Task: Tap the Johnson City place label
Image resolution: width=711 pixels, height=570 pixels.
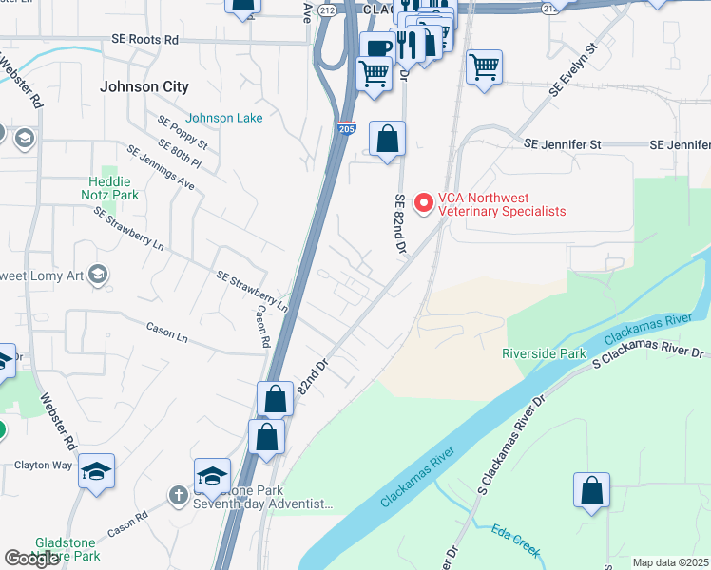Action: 144,86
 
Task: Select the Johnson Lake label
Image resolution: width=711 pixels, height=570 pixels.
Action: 224,118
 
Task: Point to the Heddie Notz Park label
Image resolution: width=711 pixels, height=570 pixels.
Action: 113,187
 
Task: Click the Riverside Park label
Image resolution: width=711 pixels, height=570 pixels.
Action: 545,353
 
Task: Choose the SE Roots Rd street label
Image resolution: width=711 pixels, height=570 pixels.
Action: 144,41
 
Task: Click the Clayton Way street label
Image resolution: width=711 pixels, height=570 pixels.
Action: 43,465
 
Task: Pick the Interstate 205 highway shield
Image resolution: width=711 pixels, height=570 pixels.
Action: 348,126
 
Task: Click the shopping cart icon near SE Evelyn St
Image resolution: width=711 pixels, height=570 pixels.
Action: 484,66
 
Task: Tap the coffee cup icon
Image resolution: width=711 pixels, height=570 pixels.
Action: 376,47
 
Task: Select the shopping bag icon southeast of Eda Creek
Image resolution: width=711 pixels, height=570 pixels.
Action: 591,490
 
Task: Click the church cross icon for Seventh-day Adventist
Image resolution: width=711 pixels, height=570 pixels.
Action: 178,494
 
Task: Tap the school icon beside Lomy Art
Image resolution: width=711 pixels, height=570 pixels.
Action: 96,275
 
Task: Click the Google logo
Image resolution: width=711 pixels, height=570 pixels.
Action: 32,559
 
